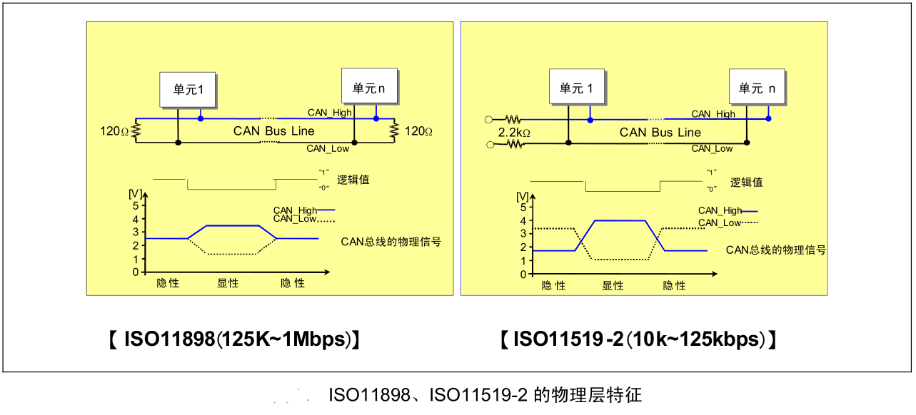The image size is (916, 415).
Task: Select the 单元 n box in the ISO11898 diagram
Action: pyautogui.click(x=368, y=88)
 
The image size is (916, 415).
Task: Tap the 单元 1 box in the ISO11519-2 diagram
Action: pyautogui.click(x=577, y=88)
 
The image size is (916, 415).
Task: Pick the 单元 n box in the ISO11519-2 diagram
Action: pyautogui.click(x=757, y=88)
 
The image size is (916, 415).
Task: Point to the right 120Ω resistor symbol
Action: pyautogui.click(x=393, y=130)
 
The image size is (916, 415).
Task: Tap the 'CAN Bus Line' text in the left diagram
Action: pyautogui.click(x=273, y=131)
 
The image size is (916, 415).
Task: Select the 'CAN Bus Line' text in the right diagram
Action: pyautogui.click(x=660, y=133)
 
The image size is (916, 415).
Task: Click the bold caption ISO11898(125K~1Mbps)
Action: pyautogui.click(x=233, y=339)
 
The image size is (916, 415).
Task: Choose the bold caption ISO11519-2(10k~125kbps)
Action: pyautogui.click(x=638, y=339)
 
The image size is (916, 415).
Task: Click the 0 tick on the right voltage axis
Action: pyautogui.click(x=523, y=275)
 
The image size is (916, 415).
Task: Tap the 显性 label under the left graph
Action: pyautogui.click(x=228, y=283)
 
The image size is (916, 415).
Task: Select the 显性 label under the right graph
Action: pyautogui.click(x=613, y=285)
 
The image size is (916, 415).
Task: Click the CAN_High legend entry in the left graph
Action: pyautogui.click(x=303, y=210)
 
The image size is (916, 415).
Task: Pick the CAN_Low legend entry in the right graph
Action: pyautogui.click(x=727, y=222)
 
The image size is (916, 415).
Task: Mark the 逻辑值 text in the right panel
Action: pyautogui.click(x=746, y=183)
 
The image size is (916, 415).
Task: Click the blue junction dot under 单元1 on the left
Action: pyautogui.click(x=201, y=118)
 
